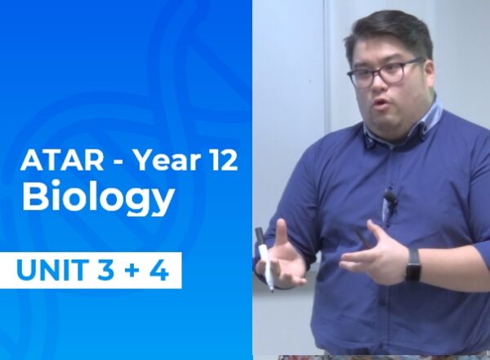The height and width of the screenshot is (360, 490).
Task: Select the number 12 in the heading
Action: [220, 161]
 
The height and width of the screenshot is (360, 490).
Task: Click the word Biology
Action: [98, 198]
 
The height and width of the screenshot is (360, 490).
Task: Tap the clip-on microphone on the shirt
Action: [390, 198]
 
